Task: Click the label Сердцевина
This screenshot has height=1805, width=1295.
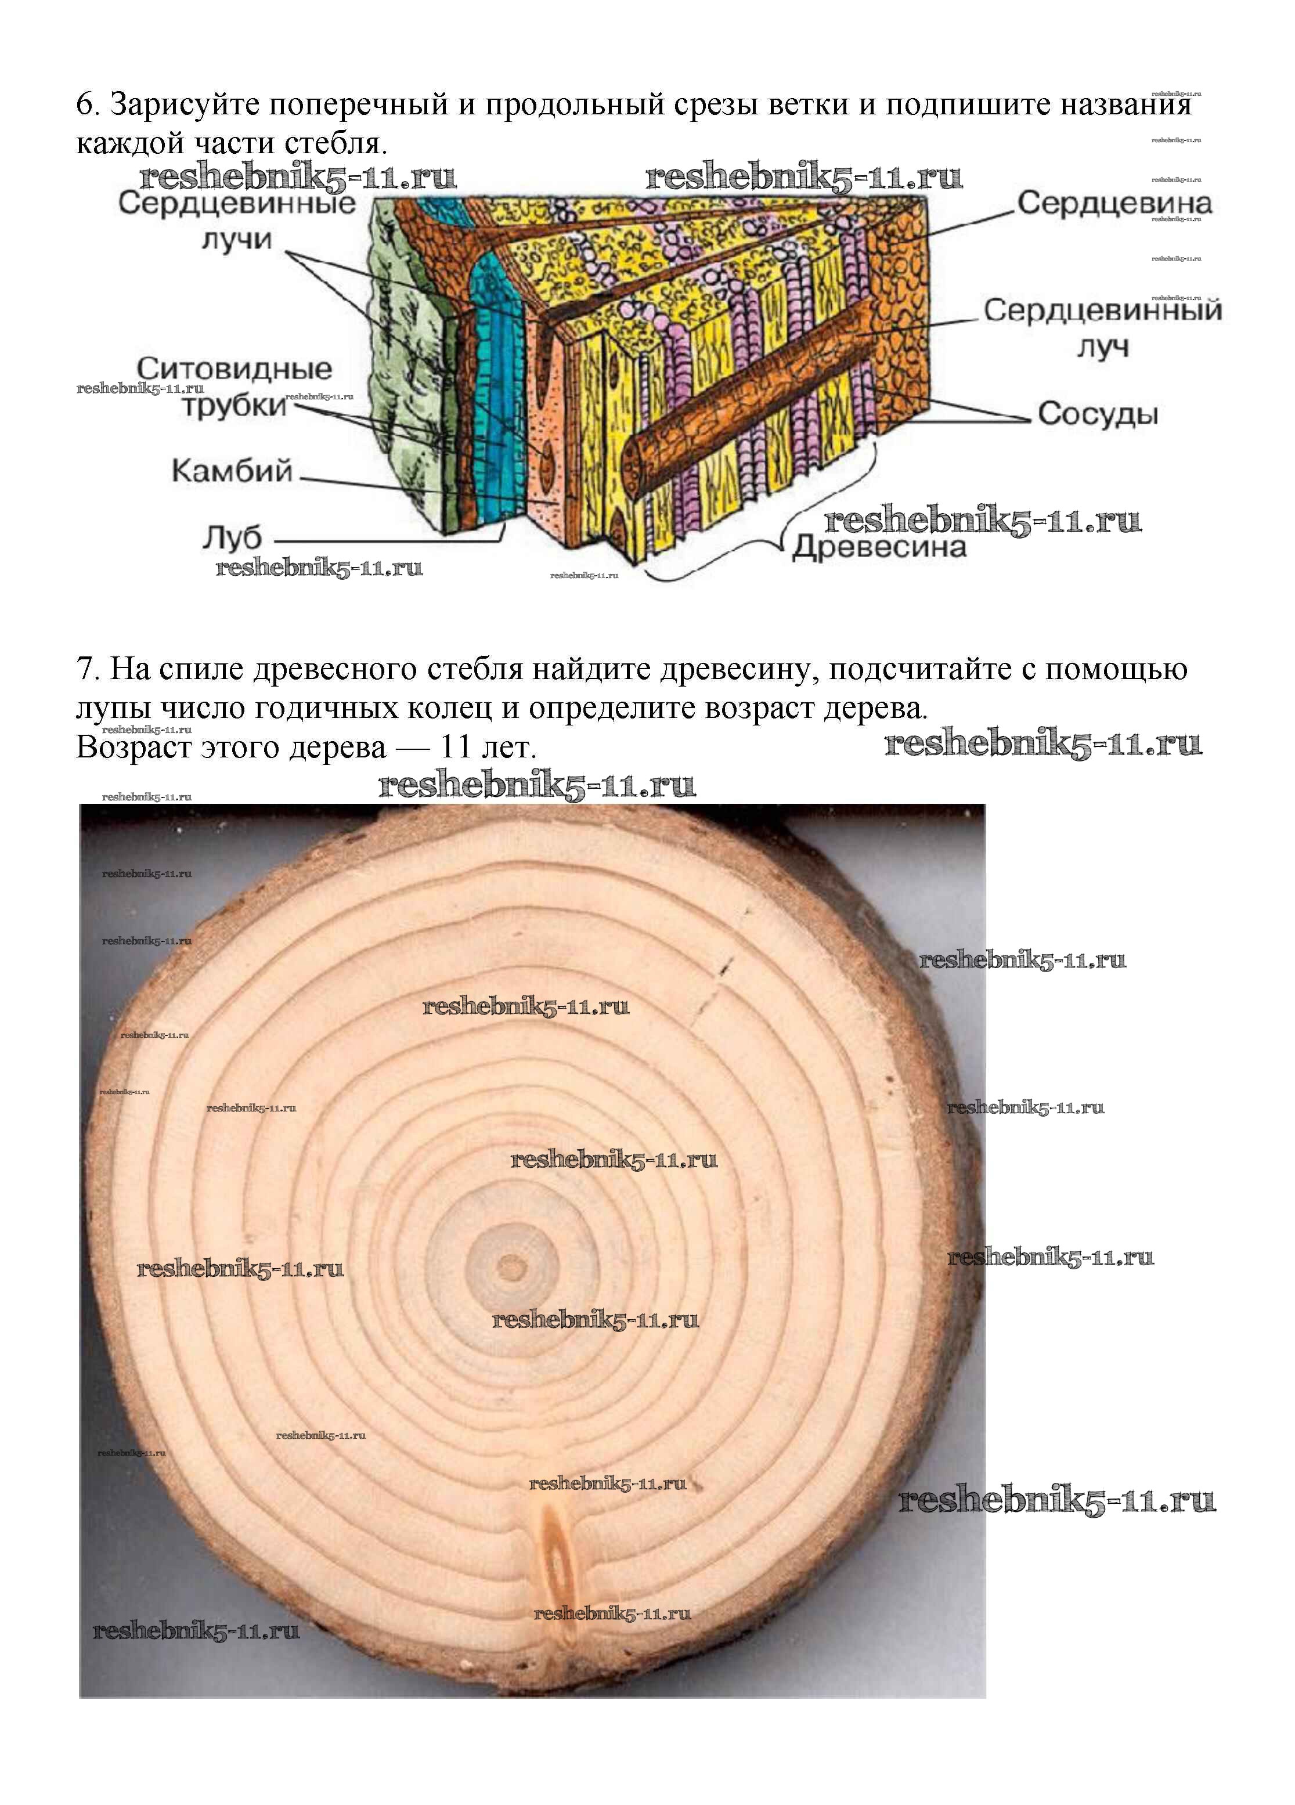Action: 1113,204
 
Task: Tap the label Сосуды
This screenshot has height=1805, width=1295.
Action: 1097,414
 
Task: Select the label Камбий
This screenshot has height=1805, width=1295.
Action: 232,471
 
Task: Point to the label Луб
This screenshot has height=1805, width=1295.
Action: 231,538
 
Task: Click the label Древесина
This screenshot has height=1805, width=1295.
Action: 879,547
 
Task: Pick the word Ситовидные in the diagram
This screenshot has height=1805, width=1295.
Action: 234,369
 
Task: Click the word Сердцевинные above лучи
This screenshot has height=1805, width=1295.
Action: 237,204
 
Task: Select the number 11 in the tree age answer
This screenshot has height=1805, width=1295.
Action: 457,748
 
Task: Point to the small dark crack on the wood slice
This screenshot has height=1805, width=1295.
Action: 724,965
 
